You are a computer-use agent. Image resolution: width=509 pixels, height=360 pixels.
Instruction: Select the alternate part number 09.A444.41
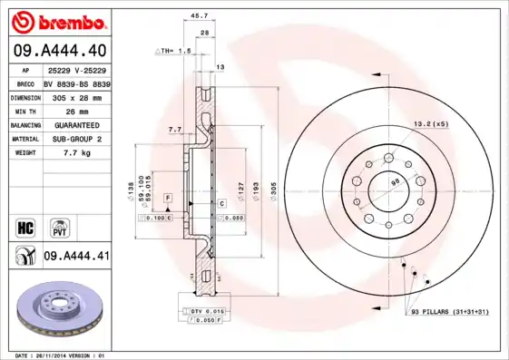click(x=76, y=258)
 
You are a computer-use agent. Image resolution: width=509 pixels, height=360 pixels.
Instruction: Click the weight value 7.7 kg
click(x=63, y=153)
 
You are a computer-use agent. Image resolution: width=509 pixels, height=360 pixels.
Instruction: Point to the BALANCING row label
click(x=25, y=124)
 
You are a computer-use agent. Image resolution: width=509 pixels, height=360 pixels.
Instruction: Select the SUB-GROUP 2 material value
click(x=73, y=139)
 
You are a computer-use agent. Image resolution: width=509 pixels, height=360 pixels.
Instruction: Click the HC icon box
click(x=26, y=226)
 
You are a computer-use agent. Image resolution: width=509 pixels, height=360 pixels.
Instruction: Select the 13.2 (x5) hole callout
click(x=432, y=123)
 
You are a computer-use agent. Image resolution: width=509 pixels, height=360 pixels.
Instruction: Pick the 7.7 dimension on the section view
click(x=175, y=130)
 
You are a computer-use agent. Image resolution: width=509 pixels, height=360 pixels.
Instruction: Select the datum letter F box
click(x=168, y=197)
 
